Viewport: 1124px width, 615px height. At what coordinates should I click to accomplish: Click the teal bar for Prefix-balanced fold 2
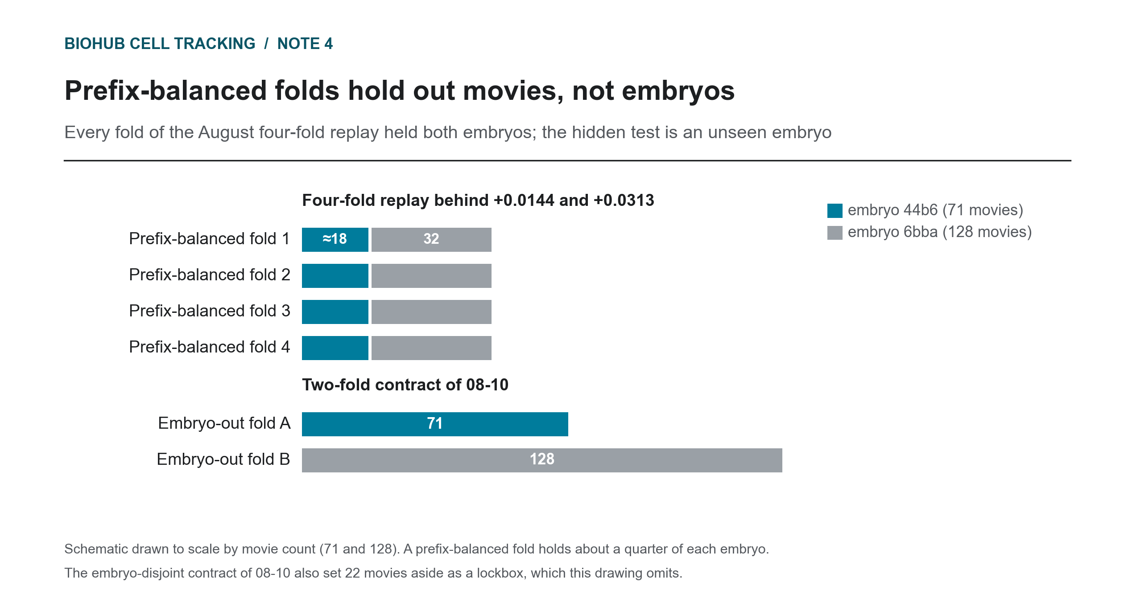(x=335, y=276)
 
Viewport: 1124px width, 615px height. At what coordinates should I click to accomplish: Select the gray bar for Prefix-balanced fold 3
(x=431, y=312)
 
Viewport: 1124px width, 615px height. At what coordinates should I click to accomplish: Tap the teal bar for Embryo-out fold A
(x=435, y=424)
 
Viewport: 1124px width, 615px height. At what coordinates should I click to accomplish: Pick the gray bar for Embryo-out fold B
(x=542, y=460)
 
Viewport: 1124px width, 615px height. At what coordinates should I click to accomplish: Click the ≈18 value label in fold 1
(x=335, y=239)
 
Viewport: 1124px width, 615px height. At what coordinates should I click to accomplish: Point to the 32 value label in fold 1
(x=431, y=239)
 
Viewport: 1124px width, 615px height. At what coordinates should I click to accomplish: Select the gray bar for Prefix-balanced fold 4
(x=431, y=348)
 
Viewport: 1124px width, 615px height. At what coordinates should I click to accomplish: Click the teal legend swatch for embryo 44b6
(x=835, y=211)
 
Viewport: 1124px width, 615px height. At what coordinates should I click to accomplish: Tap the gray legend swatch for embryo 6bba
(x=835, y=233)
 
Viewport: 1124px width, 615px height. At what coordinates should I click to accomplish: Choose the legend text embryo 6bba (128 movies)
(x=940, y=232)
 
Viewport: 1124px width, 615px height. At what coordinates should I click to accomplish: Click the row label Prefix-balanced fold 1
(x=210, y=239)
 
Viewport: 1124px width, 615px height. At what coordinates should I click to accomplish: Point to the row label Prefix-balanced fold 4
(x=210, y=347)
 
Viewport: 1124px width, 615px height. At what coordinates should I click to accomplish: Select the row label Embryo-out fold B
(x=223, y=459)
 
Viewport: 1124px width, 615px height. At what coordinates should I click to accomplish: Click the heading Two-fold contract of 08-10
(x=405, y=385)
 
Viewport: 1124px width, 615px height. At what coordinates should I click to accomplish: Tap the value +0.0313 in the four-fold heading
(x=624, y=201)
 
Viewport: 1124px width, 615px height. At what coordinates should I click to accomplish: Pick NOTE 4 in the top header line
(x=305, y=44)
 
